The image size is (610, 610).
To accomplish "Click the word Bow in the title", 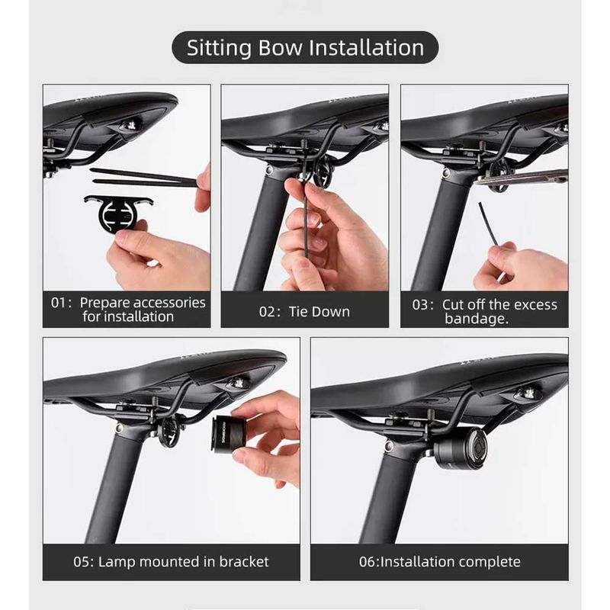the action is coord(280,47).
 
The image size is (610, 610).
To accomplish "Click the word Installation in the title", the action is coord(366,47).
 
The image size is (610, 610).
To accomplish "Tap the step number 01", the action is coord(59,303).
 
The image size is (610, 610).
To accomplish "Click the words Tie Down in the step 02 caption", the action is coord(319,312).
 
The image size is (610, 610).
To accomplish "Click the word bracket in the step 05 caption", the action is coord(244,562).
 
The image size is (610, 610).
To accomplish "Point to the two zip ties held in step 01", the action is coord(144,178).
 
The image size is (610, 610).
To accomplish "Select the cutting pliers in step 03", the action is coord(522,178).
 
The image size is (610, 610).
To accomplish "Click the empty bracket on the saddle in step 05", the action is coord(170,432).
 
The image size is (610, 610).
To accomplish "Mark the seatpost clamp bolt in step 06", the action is coord(389,446).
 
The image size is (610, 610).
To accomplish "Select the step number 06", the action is coord(367,562).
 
